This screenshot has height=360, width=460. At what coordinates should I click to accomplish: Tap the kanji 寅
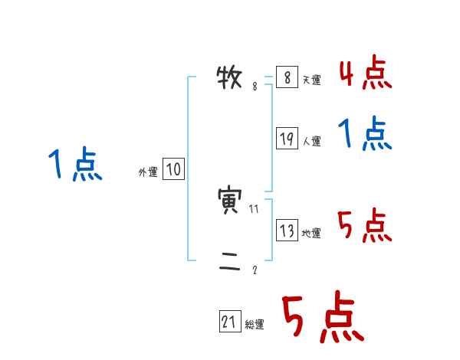tap(231, 201)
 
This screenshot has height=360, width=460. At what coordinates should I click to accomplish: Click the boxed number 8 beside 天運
tap(286, 78)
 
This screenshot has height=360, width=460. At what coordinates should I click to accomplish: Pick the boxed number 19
tap(287, 139)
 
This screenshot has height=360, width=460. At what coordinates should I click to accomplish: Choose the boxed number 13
tap(287, 230)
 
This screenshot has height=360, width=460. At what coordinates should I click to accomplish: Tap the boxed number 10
tap(173, 169)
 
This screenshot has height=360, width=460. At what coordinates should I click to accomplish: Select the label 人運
tap(311, 141)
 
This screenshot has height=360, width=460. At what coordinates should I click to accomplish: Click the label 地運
tap(311, 233)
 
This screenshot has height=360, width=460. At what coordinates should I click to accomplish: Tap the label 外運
tap(147, 172)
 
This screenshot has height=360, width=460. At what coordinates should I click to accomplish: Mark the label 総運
tap(254, 325)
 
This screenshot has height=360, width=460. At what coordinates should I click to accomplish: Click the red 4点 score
tap(365, 73)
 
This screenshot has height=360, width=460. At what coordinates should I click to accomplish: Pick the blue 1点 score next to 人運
tap(365, 134)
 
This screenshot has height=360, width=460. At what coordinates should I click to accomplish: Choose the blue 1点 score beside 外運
tap(75, 165)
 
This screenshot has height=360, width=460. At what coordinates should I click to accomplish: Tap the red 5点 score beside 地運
tap(365, 226)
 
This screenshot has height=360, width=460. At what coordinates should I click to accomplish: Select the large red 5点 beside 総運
tap(322, 318)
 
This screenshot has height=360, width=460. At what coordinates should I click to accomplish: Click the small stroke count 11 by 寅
tap(255, 208)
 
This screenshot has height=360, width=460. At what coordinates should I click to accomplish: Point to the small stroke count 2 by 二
tap(255, 270)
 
